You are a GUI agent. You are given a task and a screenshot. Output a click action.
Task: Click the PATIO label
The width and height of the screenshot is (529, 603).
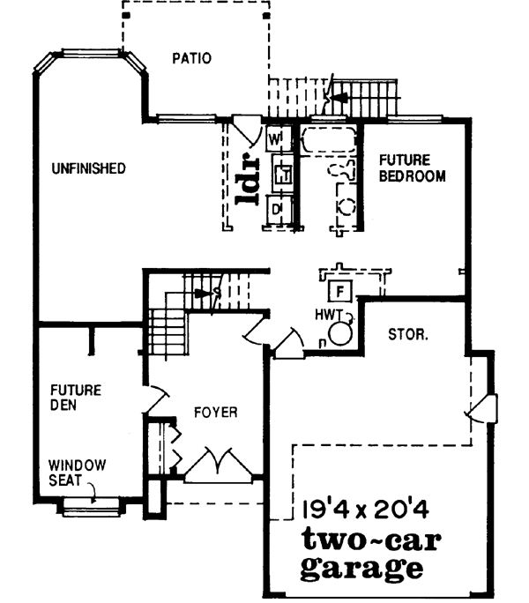[191, 60]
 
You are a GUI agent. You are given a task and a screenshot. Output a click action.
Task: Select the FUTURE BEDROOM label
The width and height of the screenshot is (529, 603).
[412, 167]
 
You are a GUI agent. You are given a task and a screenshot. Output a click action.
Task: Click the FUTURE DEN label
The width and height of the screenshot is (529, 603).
[75, 397]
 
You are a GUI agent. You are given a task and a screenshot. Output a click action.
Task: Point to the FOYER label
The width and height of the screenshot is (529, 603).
[215, 412]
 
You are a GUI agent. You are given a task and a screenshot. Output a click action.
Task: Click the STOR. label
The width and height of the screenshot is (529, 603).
[408, 336]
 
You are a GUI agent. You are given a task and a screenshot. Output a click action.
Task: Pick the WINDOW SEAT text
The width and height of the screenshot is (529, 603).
[77, 472]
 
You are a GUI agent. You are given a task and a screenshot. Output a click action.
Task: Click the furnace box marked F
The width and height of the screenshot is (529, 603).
[338, 289]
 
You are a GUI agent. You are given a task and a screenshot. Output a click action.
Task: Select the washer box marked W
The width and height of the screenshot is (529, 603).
[275, 139]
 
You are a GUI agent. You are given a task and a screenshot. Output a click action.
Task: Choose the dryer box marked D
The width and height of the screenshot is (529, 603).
[277, 208]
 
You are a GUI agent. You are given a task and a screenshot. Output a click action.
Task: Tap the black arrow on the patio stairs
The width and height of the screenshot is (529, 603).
[339, 90]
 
